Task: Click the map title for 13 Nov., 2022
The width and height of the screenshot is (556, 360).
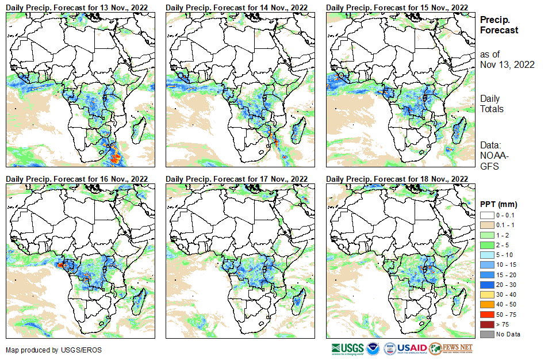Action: [76, 7]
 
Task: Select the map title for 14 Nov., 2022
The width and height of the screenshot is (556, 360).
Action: [236, 7]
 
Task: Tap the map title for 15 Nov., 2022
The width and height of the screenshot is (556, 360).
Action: [397, 7]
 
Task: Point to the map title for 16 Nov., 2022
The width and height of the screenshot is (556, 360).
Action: [76, 179]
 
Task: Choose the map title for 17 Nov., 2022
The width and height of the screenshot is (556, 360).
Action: [236, 179]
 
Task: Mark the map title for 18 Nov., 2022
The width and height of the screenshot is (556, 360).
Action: [397, 179]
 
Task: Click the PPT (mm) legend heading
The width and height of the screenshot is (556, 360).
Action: [499, 204]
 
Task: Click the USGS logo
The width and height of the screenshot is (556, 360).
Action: [347, 348]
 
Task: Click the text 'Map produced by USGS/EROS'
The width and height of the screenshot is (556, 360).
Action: [45, 350]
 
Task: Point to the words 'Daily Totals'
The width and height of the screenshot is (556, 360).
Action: [492, 104]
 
